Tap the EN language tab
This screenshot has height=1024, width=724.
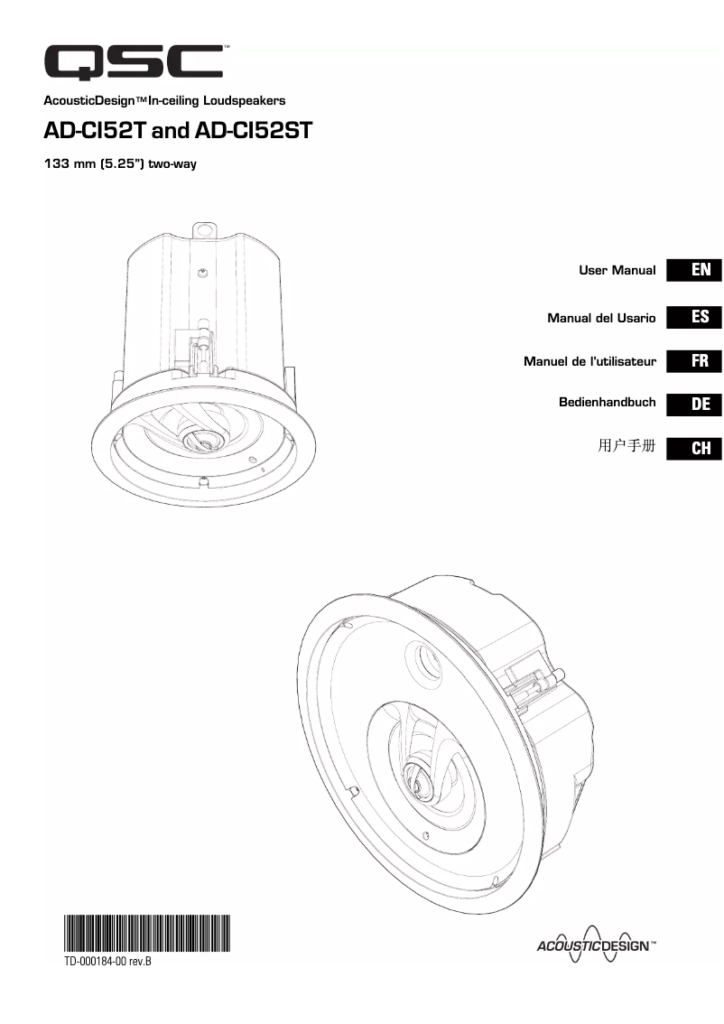[x=694, y=270]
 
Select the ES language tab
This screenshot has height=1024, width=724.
[x=694, y=317]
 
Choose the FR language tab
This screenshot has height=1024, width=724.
[x=694, y=361]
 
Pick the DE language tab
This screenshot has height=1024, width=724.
[x=694, y=405]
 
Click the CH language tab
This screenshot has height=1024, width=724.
[x=694, y=449]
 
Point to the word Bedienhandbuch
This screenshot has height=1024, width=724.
[x=608, y=403]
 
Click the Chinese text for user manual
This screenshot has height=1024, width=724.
[x=627, y=445]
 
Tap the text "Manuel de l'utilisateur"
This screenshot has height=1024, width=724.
[x=590, y=361]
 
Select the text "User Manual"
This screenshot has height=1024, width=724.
[x=617, y=270]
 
